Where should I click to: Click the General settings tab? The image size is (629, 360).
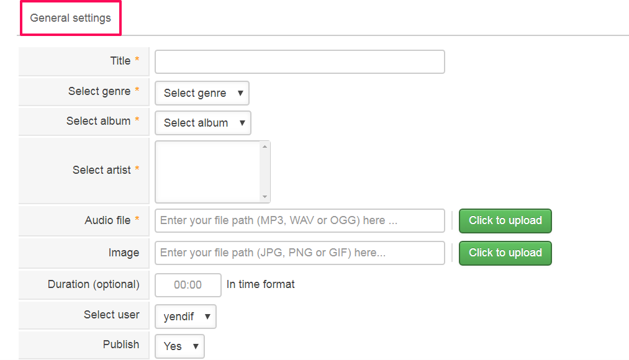(70, 18)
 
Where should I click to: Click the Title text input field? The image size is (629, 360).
(299, 62)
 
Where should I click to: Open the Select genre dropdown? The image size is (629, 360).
(202, 93)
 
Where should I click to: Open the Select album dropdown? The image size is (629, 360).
(203, 123)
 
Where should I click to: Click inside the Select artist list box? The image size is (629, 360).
(207, 171)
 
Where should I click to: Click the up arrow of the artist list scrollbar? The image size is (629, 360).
(265, 146)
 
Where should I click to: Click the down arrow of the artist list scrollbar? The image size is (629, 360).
(265, 197)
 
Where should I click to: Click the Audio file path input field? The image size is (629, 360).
(299, 220)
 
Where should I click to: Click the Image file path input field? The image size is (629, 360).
(299, 253)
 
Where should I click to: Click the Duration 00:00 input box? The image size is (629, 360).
(188, 285)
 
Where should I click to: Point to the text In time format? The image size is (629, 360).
(261, 284)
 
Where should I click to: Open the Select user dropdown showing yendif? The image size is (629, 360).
(185, 317)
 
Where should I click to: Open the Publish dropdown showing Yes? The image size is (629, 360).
(179, 346)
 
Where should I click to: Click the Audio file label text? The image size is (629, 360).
(107, 220)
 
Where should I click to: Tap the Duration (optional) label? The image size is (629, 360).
(94, 284)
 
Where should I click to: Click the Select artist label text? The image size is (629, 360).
(102, 170)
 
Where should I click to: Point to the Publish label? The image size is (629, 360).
(121, 344)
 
